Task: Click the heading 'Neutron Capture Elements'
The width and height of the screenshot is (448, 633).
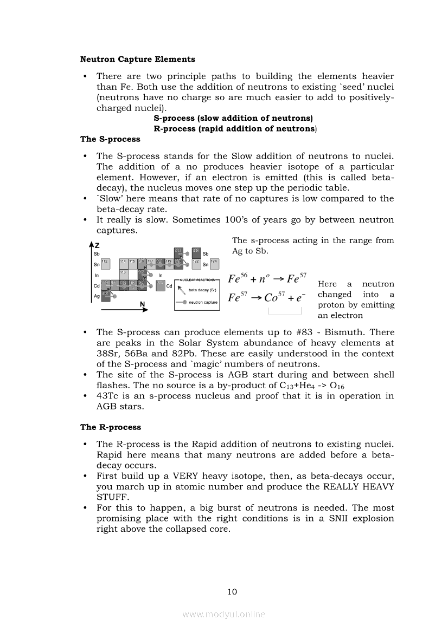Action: click(x=137, y=59)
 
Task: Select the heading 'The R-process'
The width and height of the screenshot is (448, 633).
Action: click(x=110, y=427)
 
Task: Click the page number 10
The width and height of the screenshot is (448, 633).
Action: click(x=232, y=592)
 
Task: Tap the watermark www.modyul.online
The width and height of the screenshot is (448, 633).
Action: click(x=224, y=615)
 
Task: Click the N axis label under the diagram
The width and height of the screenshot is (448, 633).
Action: click(x=142, y=304)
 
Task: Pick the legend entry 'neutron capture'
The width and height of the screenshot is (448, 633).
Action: click(x=202, y=302)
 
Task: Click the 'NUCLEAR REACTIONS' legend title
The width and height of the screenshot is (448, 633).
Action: click(x=197, y=280)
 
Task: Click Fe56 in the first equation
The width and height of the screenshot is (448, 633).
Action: click(x=238, y=279)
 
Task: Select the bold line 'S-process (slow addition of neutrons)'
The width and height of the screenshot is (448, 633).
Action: click(x=233, y=118)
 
